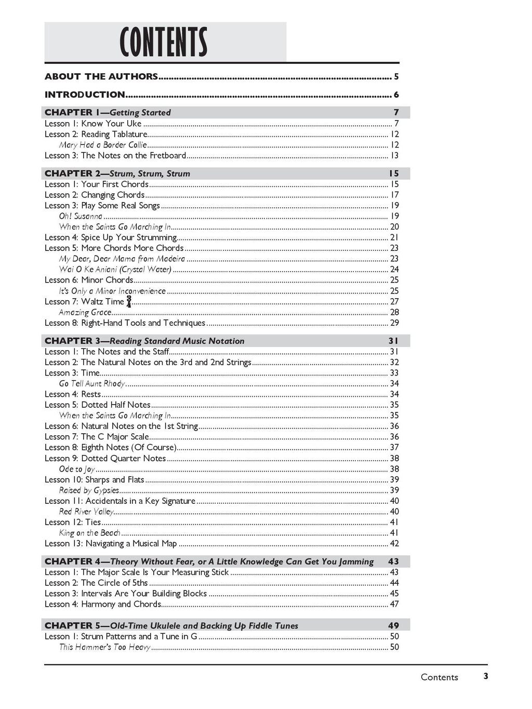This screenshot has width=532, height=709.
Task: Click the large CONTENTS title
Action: [x=164, y=43]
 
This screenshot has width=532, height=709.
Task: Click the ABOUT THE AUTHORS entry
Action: [x=101, y=77]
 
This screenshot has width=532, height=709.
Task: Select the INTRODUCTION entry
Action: [x=85, y=95]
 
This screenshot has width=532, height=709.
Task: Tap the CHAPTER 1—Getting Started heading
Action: [x=108, y=113]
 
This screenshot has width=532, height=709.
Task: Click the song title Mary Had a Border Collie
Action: [x=103, y=145]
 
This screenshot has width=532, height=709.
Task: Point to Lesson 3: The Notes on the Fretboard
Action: [x=115, y=155]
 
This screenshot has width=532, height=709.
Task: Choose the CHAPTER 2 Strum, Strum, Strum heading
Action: [x=117, y=173]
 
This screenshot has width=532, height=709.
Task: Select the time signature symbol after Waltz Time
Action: [x=129, y=302]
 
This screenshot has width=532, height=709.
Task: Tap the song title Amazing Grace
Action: [x=85, y=312]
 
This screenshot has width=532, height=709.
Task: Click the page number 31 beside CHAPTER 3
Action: [x=393, y=341]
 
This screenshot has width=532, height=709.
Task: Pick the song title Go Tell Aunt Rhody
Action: [x=92, y=383]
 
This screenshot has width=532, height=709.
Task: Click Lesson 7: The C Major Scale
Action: [x=97, y=437]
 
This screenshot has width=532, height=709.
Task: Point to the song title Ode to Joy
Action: [x=77, y=469]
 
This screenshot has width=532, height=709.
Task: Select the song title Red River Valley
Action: [x=86, y=512]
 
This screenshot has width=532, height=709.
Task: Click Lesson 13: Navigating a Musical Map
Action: [x=111, y=543]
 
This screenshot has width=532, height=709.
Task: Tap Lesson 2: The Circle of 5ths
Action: [x=96, y=583]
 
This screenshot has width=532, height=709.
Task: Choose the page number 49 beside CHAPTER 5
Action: [x=393, y=625]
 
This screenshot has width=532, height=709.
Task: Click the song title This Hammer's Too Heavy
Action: [x=104, y=647]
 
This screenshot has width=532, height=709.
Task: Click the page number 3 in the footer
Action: [x=486, y=676]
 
